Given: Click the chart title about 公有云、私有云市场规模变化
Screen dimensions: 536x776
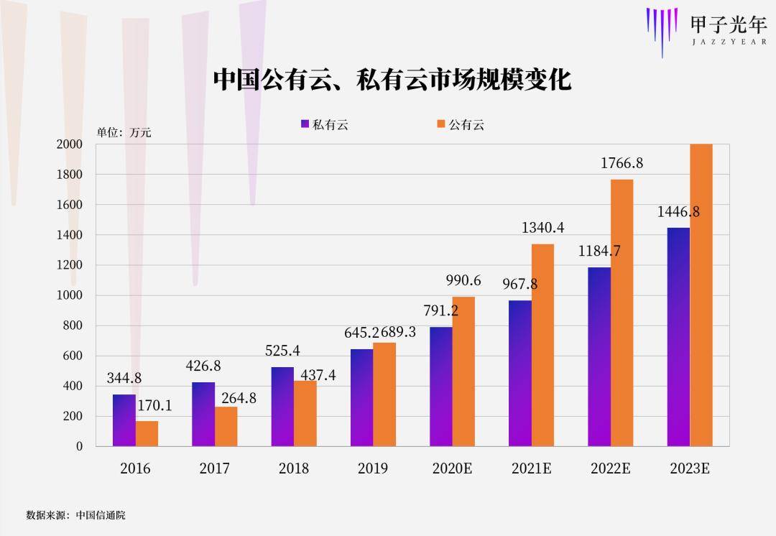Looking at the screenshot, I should [392, 80].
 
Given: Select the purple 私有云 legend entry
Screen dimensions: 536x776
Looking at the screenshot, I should [324, 124].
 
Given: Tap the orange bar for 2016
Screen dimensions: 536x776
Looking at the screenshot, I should [147, 433].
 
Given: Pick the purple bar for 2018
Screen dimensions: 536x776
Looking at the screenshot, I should [282, 407].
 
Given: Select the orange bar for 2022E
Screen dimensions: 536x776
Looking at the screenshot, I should [622, 313].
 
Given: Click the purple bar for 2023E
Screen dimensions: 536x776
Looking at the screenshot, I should [678, 336].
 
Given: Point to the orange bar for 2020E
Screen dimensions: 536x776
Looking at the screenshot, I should [463, 371].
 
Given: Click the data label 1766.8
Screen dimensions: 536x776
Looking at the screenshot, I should [622, 164].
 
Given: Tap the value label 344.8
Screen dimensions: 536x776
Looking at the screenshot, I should [124, 378].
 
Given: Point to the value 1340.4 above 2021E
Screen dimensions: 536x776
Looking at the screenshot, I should [542, 228].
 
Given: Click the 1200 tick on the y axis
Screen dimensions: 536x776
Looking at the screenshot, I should [70, 265].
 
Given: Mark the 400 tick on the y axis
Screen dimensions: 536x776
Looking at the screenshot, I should [70, 386].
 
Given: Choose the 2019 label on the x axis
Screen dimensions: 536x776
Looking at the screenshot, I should [373, 468].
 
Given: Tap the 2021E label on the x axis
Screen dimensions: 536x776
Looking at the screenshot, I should [531, 468].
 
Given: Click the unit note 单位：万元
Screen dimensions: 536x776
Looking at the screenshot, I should [124, 132].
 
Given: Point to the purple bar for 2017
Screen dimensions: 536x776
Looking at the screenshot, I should [203, 414].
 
